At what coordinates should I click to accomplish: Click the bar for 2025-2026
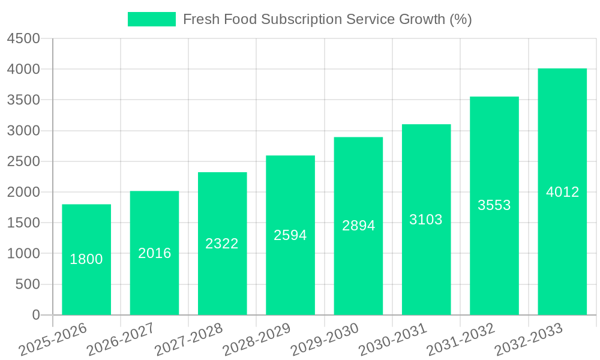click(86, 282)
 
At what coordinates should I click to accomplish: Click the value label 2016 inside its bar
click(155, 253)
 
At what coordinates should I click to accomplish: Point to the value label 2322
click(222, 244)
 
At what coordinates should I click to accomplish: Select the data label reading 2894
click(359, 226)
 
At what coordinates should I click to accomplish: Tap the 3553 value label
click(494, 205)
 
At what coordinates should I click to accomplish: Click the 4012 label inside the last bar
click(563, 192)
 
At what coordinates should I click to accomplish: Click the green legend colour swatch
click(152, 19)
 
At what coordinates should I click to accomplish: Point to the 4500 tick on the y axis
click(23, 38)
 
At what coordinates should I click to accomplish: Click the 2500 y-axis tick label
click(23, 161)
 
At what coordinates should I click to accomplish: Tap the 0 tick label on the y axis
click(35, 315)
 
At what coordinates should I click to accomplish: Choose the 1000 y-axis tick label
click(23, 254)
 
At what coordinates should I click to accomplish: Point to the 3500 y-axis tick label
click(23, 100)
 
